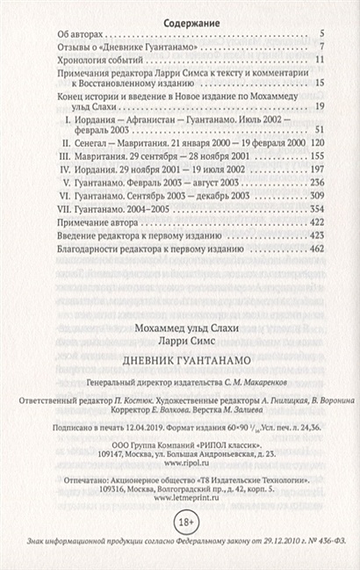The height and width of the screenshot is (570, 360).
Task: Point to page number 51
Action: click(320, 126)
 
